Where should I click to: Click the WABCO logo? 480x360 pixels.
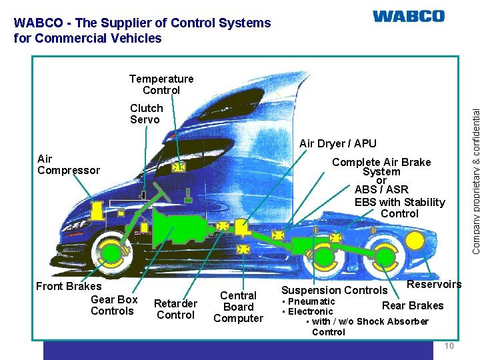(408, 16)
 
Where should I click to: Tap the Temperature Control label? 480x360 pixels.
(161, 85)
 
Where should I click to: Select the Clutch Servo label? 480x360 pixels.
(147, 114)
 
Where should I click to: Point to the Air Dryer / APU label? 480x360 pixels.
(338, 143)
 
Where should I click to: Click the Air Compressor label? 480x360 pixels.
(69, 165)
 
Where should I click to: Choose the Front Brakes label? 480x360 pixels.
(69, 287)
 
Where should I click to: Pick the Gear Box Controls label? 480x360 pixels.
(113, 305)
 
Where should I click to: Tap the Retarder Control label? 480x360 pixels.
(175, 309)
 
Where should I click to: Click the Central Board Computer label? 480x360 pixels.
(238, 307)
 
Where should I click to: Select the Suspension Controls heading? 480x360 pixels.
(334, 290)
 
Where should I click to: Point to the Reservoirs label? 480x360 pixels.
(434, 285)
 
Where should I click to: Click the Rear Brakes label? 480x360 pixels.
(413, 306)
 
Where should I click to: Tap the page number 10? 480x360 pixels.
(449, 345)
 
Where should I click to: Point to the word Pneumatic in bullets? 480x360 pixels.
(311, 301)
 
